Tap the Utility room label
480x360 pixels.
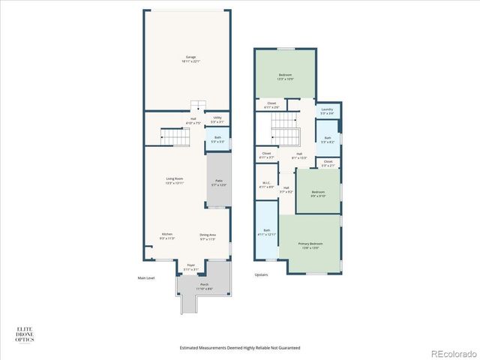217,118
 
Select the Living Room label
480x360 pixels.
175,180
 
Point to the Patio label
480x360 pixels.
219,181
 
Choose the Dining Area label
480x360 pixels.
208,236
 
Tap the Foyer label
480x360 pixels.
190,265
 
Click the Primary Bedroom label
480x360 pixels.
309,245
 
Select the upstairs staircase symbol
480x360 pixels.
285,137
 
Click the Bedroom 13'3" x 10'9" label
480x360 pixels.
285,76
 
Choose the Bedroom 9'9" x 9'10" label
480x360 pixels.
318,193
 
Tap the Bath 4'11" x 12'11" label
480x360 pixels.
266,232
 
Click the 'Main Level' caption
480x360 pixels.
145,278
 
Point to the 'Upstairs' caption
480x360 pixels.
261,274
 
